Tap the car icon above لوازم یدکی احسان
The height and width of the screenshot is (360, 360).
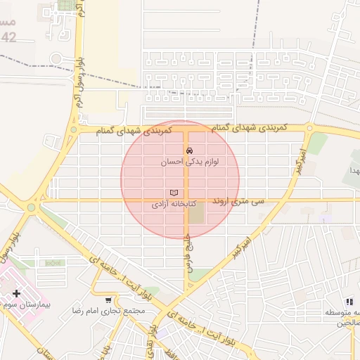pos(189,150)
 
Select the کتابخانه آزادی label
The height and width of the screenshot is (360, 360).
pos(169,205)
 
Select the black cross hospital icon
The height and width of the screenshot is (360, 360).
pos(16,292)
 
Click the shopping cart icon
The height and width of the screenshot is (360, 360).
pos(108,300)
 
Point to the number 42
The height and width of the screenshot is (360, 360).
pos(8,38)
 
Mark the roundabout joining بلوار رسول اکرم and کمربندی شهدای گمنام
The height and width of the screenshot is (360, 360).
pos(73,129)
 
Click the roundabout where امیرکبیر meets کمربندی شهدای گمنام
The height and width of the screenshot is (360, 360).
pos(309,128)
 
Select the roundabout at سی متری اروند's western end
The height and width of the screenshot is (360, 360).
pos(30,207)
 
